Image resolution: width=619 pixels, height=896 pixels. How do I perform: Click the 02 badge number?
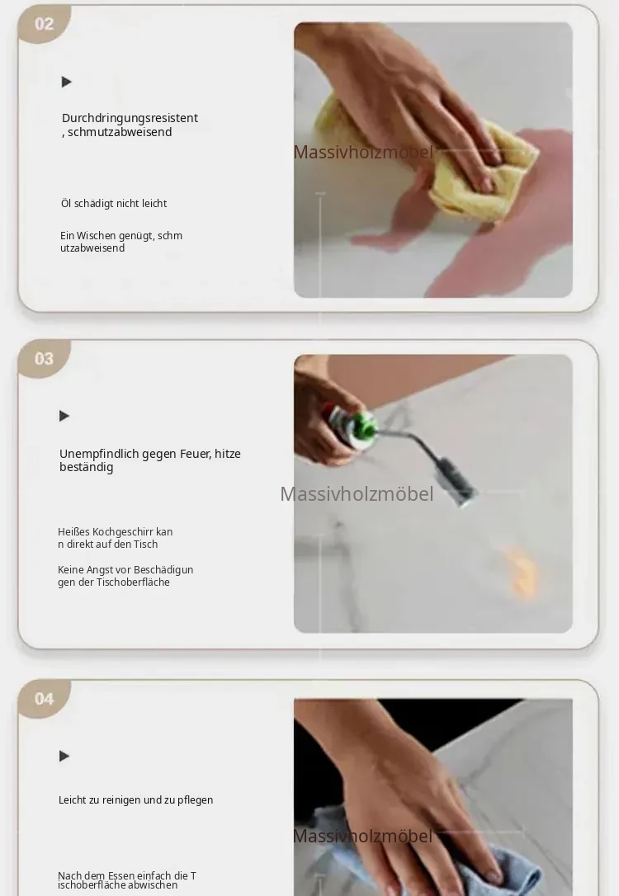click(x=44, y=24)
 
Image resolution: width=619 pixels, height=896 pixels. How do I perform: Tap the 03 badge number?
click(x=44, y=359)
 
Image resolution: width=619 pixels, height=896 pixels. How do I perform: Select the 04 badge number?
click(x=44, y=699)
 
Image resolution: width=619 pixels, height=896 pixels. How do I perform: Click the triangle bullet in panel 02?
click(x=66, y=82)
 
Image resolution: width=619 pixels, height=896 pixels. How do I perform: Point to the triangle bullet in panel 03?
click(x=64, y=416)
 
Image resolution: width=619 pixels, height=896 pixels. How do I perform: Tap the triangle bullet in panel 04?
click(x=64, y=756)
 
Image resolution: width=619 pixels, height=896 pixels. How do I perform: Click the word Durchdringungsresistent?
click(x=130, y=118)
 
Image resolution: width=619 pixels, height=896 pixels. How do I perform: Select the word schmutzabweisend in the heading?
click(x=120, y=132)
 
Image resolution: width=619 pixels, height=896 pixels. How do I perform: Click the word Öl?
click(x=66, y=204)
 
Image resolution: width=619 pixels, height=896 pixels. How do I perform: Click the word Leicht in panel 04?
click(x=72, y=800)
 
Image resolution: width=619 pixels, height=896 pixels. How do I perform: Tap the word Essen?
click(x=120, y=875)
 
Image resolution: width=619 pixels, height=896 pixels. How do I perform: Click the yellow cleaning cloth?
click(x=469, y=166)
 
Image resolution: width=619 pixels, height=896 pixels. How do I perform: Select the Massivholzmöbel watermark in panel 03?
click(x=357, y=494)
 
